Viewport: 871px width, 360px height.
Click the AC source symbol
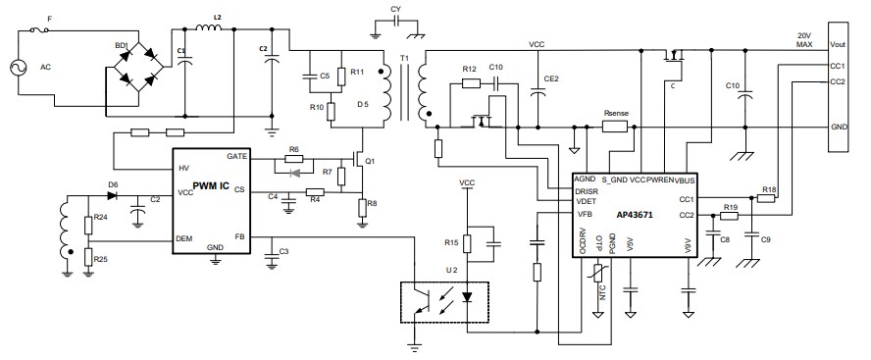(x=19, y=68)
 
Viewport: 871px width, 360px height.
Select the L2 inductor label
(x=217, y=19)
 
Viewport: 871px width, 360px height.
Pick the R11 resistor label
(x=357, y=73)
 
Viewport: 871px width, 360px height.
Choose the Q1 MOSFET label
(x=371, y=161)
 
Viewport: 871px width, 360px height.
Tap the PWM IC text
(x=211, y=186)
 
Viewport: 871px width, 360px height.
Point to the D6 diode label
(x=113, y=184)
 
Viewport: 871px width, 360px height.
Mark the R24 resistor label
(x=101, y=219)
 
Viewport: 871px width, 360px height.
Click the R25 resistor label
(x=101, y=259)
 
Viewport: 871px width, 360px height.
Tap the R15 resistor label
(x=451, y=242)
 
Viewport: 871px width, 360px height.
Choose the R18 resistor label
(x=769, y=188)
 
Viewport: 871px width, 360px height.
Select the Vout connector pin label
(x=838, y=44)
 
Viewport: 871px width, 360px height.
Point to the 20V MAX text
(x=804, y=40)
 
